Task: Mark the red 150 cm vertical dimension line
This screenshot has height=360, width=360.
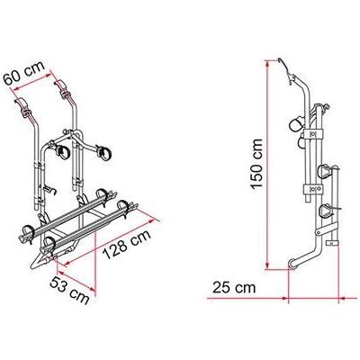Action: click(269, 166)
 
